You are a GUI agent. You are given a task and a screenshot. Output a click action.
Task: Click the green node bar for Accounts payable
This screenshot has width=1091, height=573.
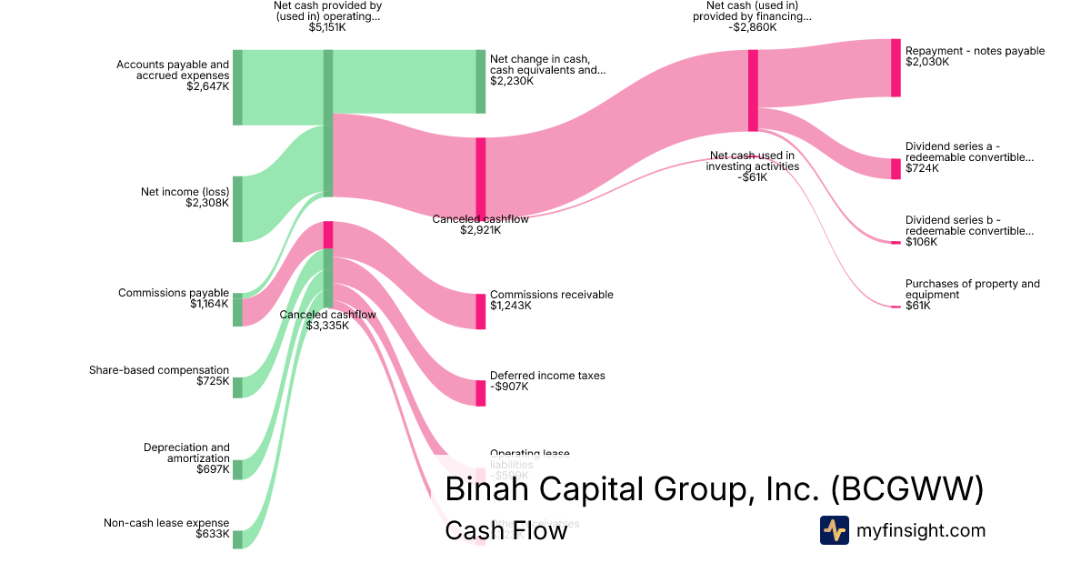click(237, 87)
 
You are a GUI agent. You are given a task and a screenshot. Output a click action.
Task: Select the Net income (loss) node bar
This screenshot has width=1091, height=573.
click(237, 209)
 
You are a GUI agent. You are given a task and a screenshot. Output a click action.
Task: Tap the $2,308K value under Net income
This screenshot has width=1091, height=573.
click(207, 203)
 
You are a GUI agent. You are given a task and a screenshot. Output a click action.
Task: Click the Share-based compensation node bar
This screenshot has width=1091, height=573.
click(237, 387)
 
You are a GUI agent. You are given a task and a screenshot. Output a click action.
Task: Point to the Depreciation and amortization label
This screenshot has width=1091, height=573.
click(186, 453)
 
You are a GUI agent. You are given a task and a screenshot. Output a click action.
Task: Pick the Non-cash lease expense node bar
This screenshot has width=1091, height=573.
click(237, 539)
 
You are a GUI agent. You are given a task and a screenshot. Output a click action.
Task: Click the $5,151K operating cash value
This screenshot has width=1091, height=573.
click(327, 28)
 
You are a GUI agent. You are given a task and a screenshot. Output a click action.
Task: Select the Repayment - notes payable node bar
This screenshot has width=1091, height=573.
click(896, 67)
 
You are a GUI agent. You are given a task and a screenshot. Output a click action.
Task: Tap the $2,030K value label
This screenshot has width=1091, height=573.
click(927, 63)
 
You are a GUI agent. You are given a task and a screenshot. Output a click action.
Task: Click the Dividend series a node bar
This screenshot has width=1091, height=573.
click(896, 168)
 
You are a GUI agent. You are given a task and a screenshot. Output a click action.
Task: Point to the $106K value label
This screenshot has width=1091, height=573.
click(921, 242)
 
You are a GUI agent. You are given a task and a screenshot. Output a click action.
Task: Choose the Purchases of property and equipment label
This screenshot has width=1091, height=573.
click(972, 289)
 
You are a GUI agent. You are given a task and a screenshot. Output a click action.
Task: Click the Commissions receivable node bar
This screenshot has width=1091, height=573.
click(481, 311)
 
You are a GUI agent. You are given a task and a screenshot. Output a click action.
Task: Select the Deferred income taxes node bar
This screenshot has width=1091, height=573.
click(481, 393)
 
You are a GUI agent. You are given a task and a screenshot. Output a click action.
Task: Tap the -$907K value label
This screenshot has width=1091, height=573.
click(509, 387)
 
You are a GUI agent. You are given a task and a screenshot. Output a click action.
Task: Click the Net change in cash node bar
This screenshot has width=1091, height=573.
click(481, 81)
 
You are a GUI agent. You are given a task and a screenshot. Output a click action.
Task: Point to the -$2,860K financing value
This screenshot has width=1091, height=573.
click(753, 27)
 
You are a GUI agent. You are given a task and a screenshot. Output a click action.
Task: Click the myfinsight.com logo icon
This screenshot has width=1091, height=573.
click(835, 530)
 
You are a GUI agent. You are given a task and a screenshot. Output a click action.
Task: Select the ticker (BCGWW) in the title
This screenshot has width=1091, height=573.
click(907, 489)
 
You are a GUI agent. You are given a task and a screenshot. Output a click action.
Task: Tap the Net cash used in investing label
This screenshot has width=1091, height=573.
click(752, 161)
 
